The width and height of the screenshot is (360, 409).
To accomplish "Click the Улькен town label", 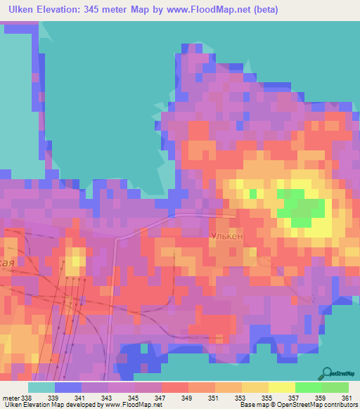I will coord(227,237).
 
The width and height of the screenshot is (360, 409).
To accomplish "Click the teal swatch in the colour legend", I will coord(41,388).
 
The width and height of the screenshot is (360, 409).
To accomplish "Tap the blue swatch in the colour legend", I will coord(68,388).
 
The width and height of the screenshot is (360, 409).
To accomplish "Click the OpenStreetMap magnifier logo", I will coord(327,372).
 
